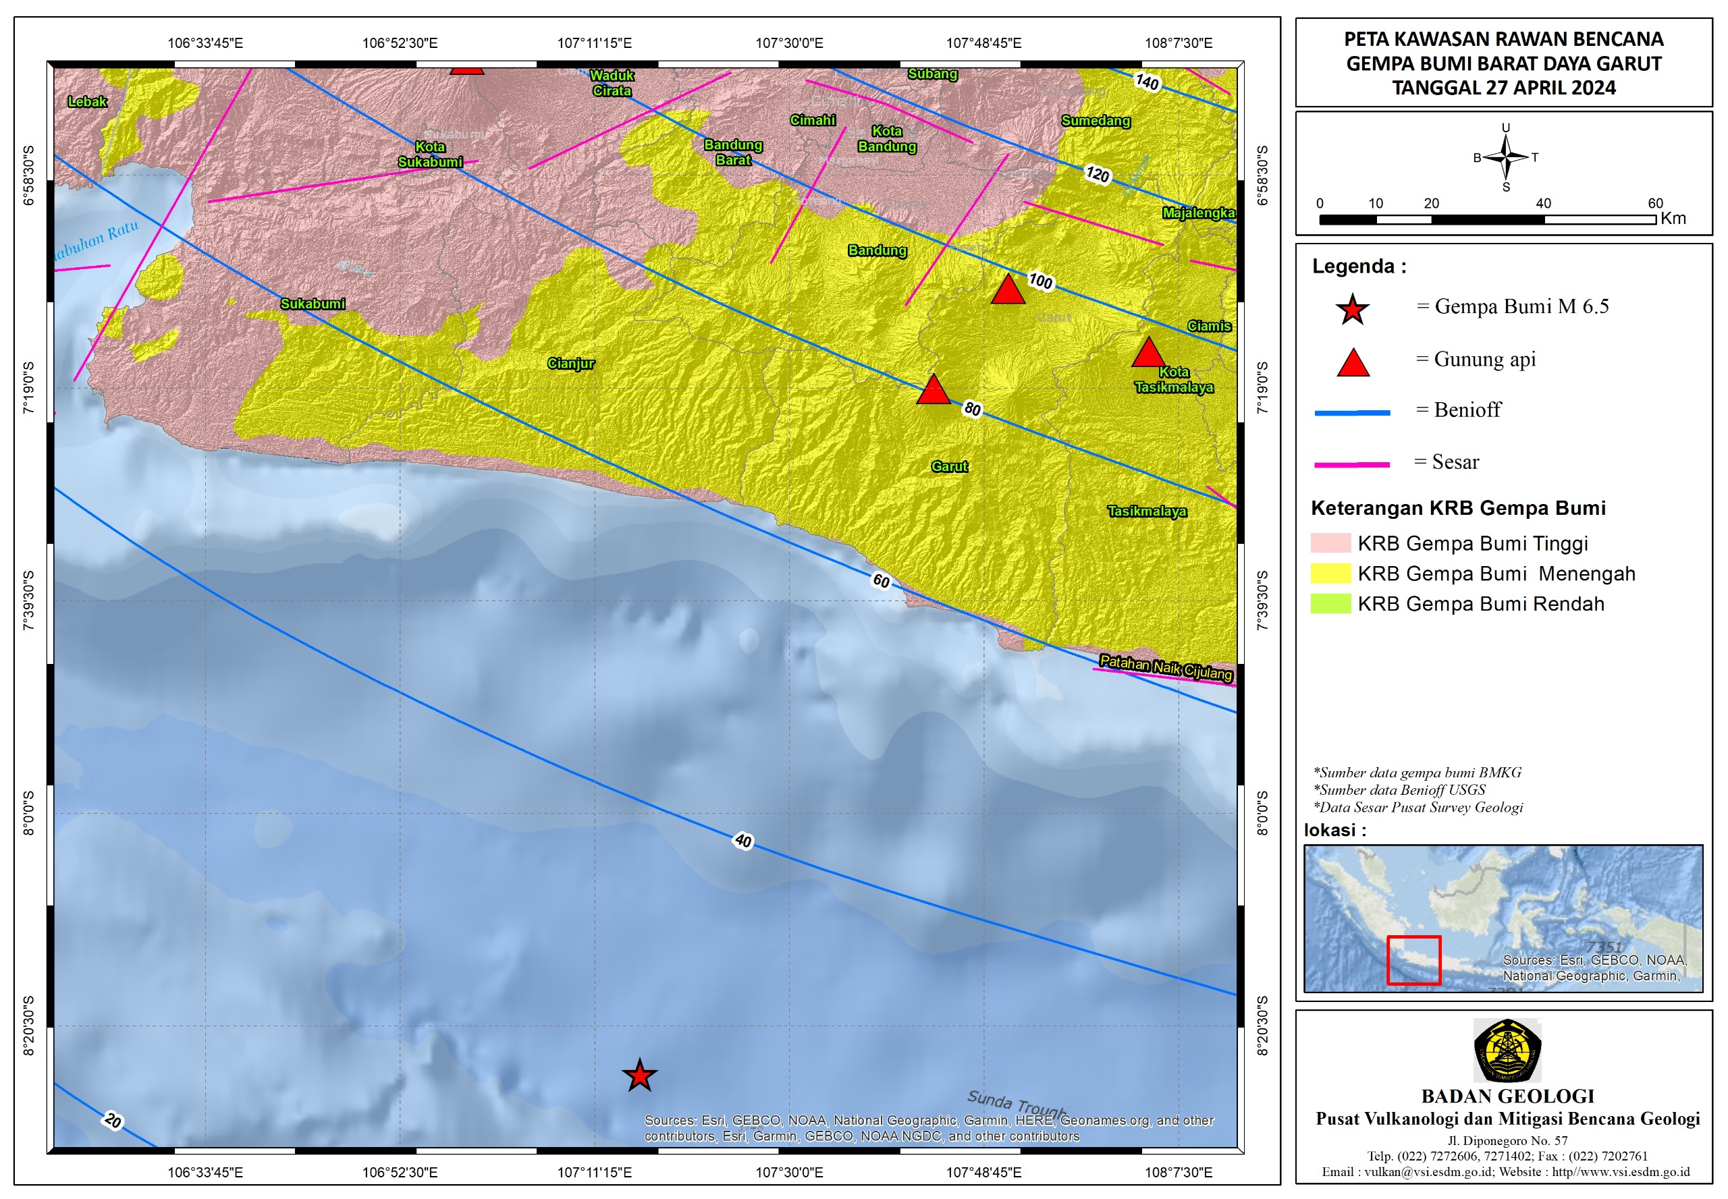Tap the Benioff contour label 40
tap(742, 840)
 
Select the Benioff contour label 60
tap(881, 581)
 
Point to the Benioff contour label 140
tap(1146, 81)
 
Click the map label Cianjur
tap(570, 364)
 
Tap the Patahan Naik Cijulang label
tap(1165, 667)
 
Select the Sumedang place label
tap(1095, 121)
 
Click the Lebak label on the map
tap(87, 101)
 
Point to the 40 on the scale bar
tap(1542, 203)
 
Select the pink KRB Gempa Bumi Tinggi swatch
tap(1330, 542)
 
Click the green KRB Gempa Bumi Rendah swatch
tap(1330, 603)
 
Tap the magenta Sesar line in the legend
tap(1351, 464)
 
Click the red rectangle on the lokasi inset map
tap(1413, 959)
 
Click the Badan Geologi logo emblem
tap(1507, 1051)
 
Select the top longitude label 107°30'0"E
tap(788, 43)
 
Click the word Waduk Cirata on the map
tap(611, 82)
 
